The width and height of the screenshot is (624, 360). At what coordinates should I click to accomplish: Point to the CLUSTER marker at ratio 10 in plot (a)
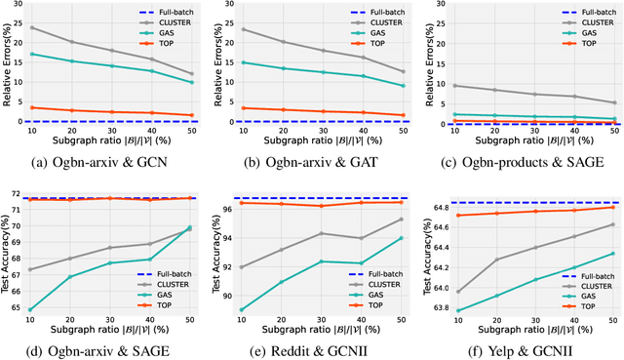pos(32,27)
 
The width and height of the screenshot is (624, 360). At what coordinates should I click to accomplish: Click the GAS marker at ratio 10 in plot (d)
pos(32,309)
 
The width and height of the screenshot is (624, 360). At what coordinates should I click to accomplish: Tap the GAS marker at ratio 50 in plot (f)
pos(612,254)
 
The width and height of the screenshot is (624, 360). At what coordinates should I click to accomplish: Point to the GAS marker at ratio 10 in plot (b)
pos(242,62)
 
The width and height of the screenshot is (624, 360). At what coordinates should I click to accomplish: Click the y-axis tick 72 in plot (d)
pos(19,195)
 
